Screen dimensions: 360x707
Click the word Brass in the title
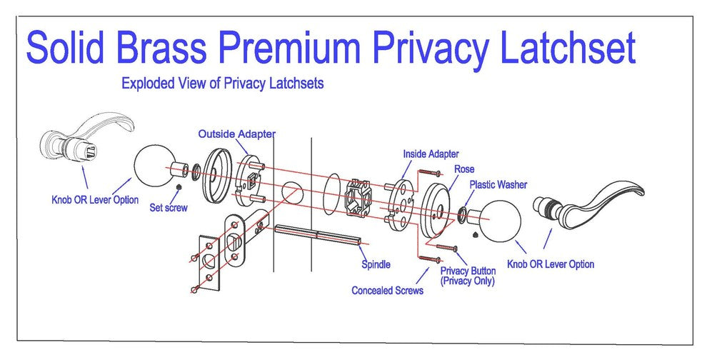coord(167,49)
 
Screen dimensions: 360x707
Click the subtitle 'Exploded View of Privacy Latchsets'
coord(222,84)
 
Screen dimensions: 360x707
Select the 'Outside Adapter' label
coord(236,134)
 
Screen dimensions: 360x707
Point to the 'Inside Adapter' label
coord(431,154)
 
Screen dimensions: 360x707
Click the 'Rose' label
coord(464,169)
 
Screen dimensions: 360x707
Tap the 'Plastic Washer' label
coord(498,185)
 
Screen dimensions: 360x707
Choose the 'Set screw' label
coord(168,208)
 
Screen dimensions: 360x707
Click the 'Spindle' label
coord(376,264)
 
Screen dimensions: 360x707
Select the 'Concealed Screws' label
coord(387,291)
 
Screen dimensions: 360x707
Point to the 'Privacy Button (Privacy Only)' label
coord(468,276)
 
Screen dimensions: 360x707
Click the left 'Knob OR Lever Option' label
coord(95,200)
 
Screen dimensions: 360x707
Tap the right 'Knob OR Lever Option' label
coord(550,264)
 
